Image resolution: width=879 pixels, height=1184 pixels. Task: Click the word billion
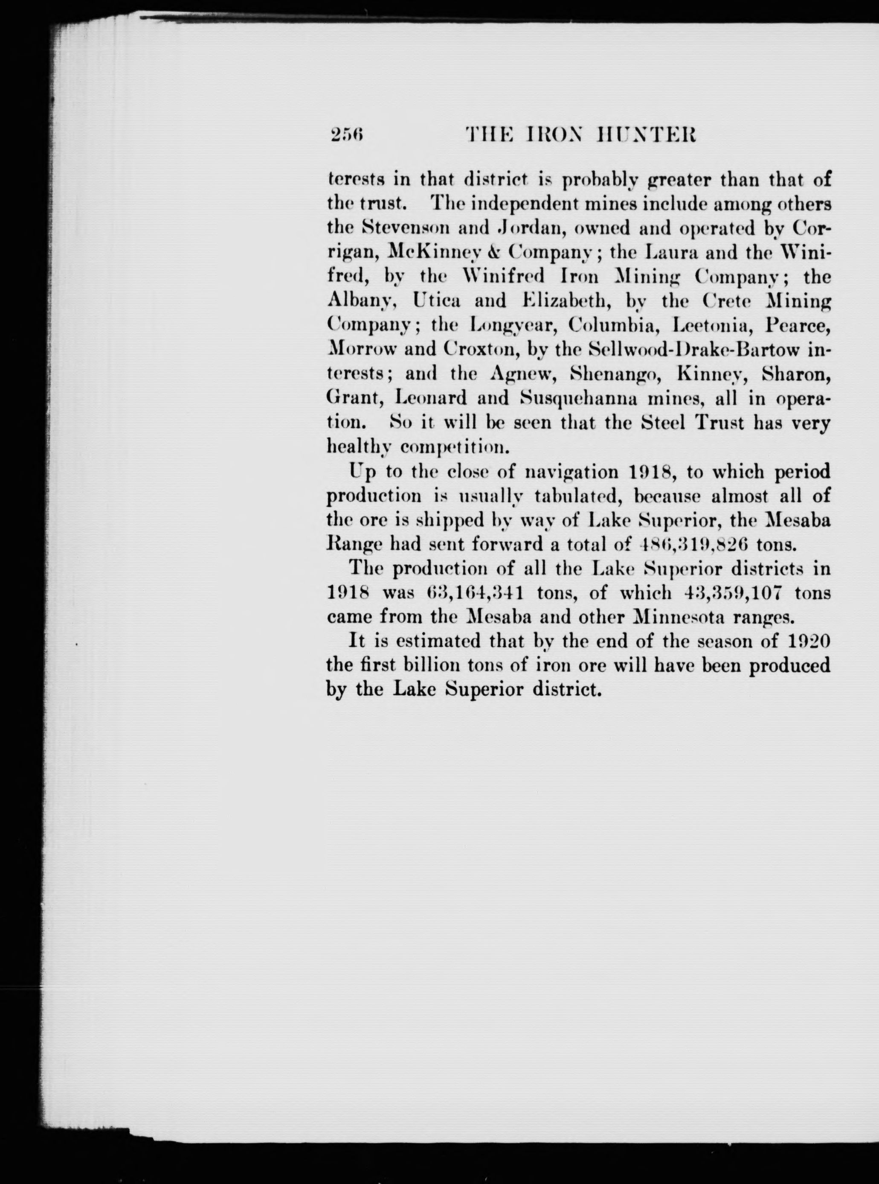[x=426, y=665]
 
